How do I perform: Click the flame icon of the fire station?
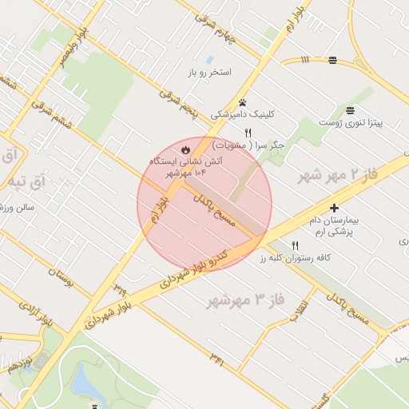pyautogui.click(x=185, y=149)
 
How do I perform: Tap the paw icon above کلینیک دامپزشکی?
pyautogui.click(x=242, y=103)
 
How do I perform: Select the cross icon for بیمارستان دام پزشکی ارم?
pyautogui.click(x=334, y=208)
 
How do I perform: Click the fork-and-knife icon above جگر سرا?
pyautogui.click(x=248, y=133)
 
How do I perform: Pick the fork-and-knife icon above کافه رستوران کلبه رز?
pyautogui.click(x=295, y=246)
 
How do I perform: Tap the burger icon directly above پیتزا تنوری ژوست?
pyautogui.click(x=350, y=110)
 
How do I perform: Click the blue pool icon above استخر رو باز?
pyautogui.click(x=209, y=60)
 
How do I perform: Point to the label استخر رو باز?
pyautogui.click(x=209, y=73)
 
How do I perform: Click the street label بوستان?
pyautogui.click(x=62, y=279)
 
